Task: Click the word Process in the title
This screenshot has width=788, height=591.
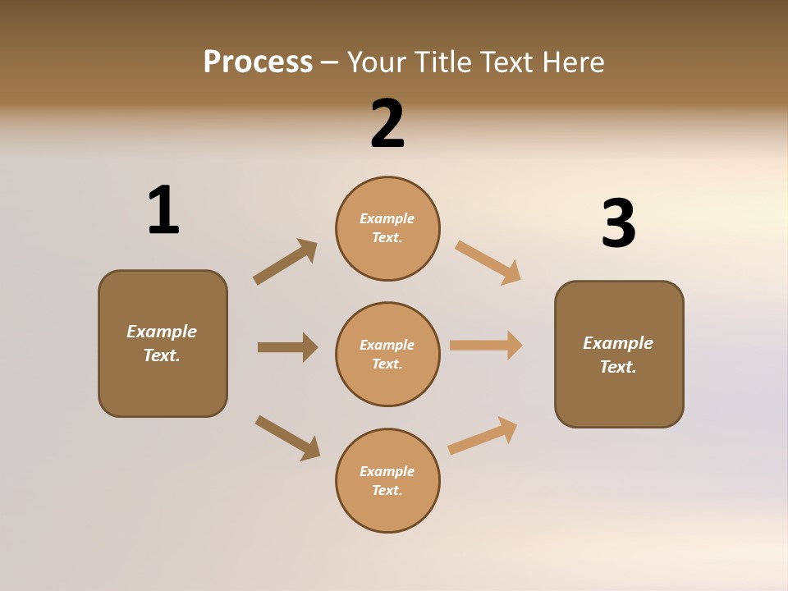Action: pos(258,62)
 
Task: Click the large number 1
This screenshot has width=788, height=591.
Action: pos(163,210)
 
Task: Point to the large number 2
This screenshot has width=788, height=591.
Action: pos(387,124)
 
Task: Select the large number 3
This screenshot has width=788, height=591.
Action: pos(618,224)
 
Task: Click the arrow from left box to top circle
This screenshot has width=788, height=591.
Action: pos(285,262)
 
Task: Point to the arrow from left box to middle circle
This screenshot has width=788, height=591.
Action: pos(287,347)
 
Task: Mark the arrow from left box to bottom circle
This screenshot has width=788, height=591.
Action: pos(287,438)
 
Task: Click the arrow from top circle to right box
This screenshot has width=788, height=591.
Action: pos(488,263)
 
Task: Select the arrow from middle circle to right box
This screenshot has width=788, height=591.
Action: pos(486,345)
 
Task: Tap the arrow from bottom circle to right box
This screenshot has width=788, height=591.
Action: pos(483,436)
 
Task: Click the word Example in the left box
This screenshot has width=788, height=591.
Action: pos(162,332)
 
